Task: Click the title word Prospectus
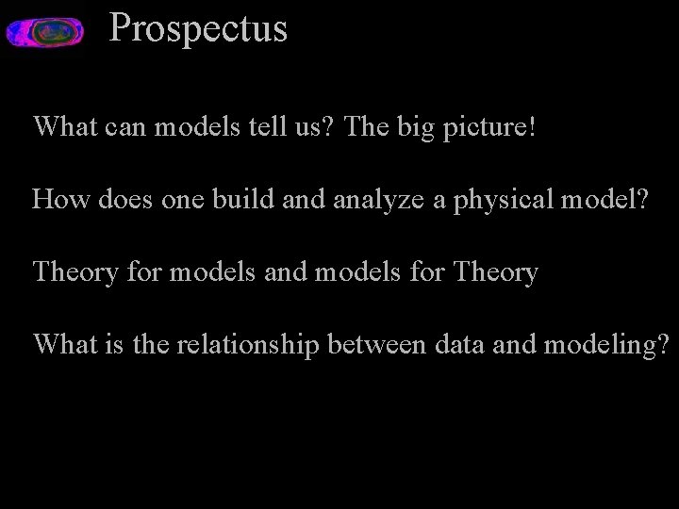coord(198,28)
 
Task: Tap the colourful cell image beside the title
coord(44,33)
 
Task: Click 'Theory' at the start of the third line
coord(76,273)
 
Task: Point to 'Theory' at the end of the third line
coord(496,273)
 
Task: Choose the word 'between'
coord(377,345)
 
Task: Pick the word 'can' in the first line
coord(124,127)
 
